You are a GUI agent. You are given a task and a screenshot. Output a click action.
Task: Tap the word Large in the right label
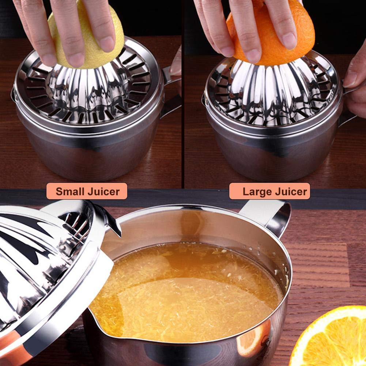256,191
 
